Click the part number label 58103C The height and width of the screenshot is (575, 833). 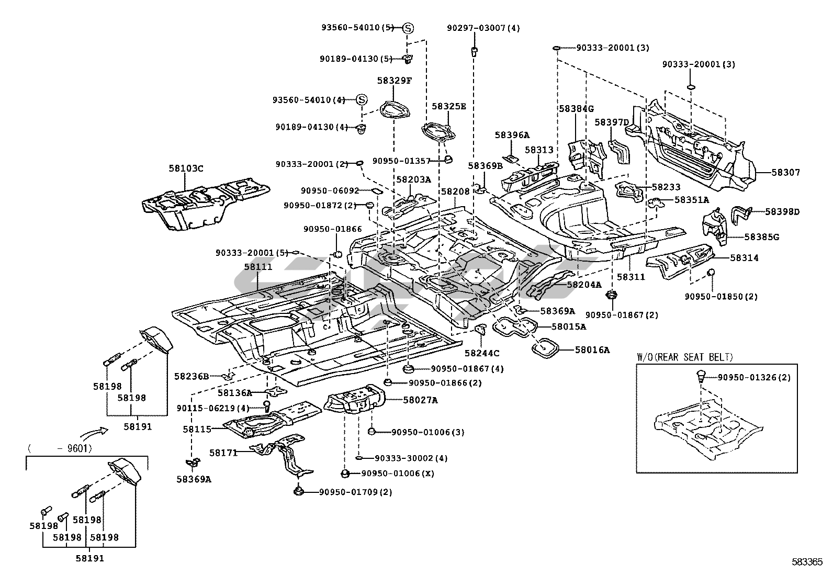click(186, 168)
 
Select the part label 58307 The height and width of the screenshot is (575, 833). click(786, 172)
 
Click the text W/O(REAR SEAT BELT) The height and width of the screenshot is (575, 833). click(685, 357)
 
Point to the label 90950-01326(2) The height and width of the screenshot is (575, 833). click(754, 377)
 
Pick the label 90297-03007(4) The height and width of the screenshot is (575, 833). click(483, 28)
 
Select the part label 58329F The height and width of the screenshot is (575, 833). click(395, 81)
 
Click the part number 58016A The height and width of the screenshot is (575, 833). click(592, 349)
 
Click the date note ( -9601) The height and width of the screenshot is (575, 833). click(60, 448)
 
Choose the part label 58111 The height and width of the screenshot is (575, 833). click(258, 267)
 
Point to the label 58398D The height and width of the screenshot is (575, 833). click(782, 211)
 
